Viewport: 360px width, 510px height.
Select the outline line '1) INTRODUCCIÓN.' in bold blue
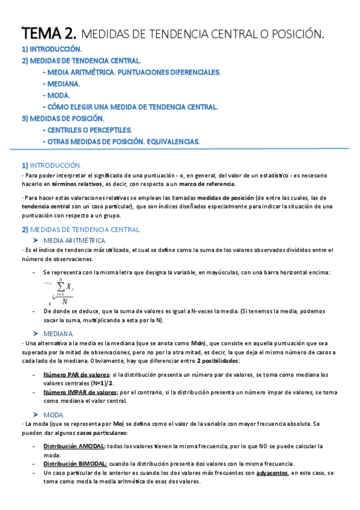tap(51, 49)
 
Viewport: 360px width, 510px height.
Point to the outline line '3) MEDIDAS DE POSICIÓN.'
tap(63, 118)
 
